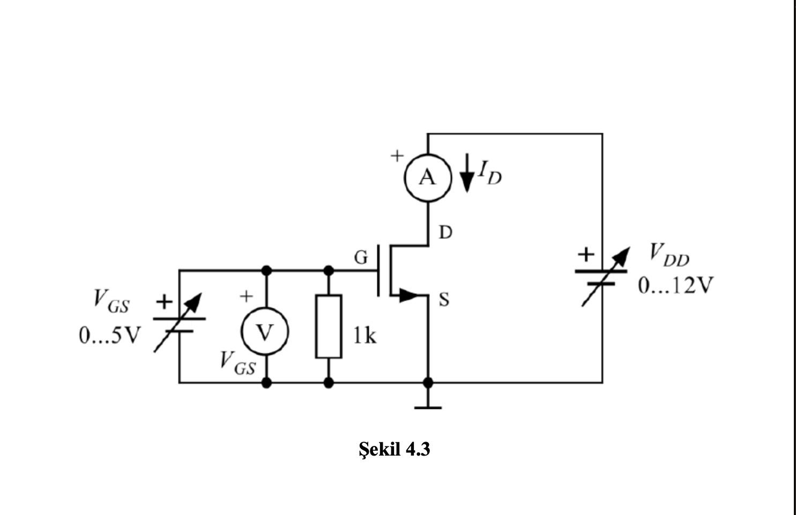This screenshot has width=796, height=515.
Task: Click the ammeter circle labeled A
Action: (x=427, y=177)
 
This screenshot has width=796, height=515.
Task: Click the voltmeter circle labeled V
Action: (x=265, y=332)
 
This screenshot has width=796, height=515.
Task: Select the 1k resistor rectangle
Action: (x=329, y=326)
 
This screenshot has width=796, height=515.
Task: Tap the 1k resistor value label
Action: (x=364, y=336)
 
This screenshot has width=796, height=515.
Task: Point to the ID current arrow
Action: (x=467, y=173)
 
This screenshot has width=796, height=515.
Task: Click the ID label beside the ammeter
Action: (x=490, y=172)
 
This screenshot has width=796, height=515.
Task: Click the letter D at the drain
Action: (x=445, y=232)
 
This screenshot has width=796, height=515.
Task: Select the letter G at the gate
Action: (x=361, y=258)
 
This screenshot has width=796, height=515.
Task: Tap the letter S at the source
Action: (x=444, y=300)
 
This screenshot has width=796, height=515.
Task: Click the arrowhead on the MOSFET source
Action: (x=408, y=295)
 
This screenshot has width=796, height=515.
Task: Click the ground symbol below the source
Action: (x=428, y=407)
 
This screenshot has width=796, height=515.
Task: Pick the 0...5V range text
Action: (x=110, y=336)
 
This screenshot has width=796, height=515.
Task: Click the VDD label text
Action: (x=668, y=254)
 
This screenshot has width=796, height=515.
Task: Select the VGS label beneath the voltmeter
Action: (x=237, y=363)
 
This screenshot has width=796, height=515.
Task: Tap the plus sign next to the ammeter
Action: (x=396, y=156)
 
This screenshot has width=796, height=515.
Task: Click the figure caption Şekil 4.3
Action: (x=395, y=449)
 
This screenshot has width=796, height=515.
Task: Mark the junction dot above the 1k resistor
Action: (x=329, y=270)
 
